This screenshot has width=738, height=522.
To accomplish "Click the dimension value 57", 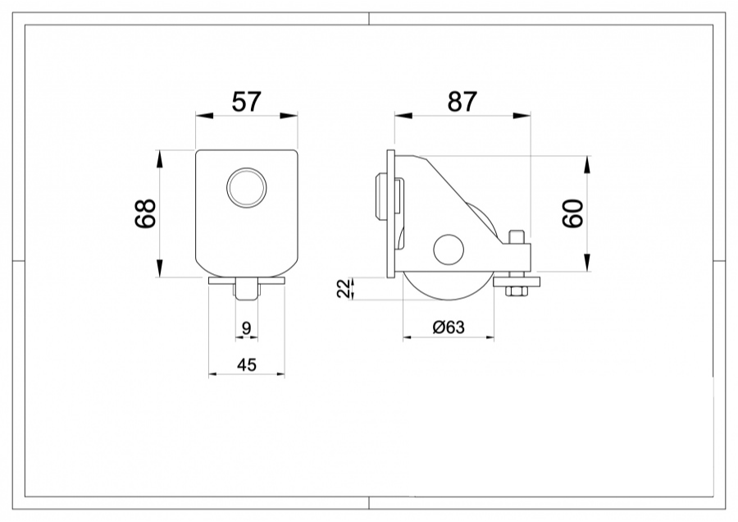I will (246, 102).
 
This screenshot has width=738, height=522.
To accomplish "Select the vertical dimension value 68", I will (146, 215).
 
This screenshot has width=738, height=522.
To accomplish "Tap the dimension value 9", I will (247, 329).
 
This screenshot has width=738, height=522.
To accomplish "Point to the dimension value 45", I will (247, 364).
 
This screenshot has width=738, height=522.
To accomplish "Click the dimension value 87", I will (462, 102).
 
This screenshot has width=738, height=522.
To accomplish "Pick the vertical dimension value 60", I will (573, 214).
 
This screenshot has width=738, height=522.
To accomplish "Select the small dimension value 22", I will (345, 288).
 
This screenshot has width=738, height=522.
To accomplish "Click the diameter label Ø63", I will (449, 327).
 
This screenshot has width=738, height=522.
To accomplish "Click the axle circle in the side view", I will (449, 250).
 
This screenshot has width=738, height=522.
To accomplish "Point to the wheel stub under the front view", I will (247, 291).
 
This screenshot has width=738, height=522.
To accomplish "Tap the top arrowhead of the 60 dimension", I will (586, 163).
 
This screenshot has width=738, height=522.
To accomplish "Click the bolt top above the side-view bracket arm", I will (516, 238).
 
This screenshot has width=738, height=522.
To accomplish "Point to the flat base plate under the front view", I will (247, 281).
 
